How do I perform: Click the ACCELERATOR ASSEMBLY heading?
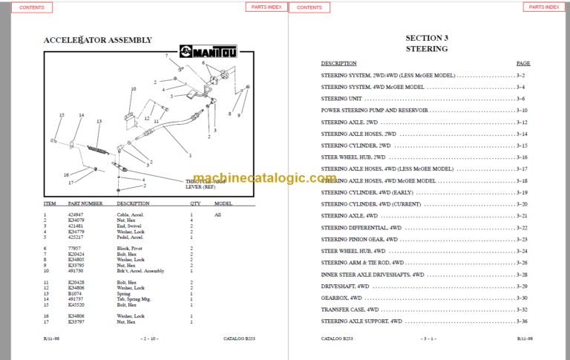click(97, 40)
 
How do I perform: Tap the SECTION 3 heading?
click(426, 37)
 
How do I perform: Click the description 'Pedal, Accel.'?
click(131, 237)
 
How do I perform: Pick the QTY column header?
click(195, 203)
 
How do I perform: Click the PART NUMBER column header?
click(85, 203)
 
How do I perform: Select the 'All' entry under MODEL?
click(218, 215)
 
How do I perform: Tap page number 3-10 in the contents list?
click(521, 110)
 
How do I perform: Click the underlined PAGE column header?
click(523, 64)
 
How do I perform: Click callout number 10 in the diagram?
click(133, 89)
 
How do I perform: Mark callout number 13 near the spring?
click(99, 121)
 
